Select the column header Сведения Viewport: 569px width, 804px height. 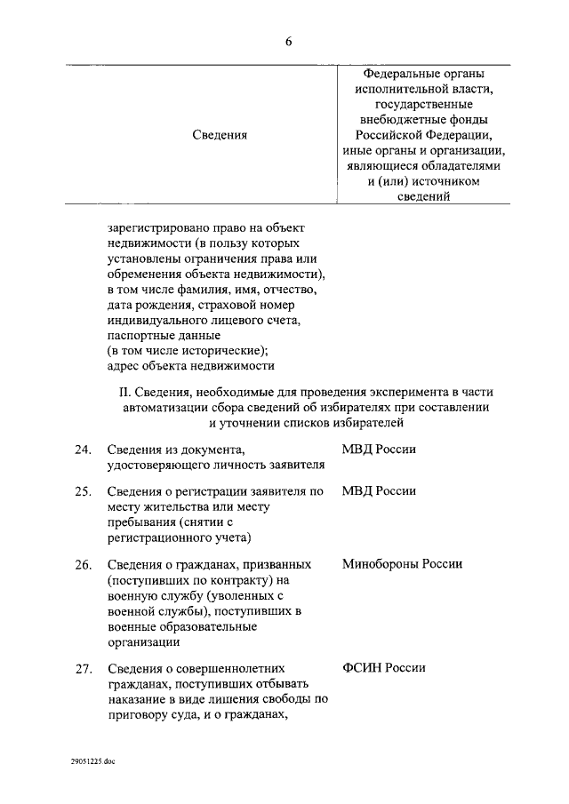tap(219, 134)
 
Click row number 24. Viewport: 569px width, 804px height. tap(84, 450)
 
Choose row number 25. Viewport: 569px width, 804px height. tap(84, 491)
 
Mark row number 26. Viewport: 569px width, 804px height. tap(84, 564)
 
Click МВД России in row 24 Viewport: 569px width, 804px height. tap(379, 450)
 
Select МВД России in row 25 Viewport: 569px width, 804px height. tap(379, 491)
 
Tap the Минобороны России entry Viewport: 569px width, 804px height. tap(402, 564)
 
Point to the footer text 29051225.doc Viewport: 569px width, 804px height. tap(94, 761)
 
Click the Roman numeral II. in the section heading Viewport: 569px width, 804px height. tap(124, 392)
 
